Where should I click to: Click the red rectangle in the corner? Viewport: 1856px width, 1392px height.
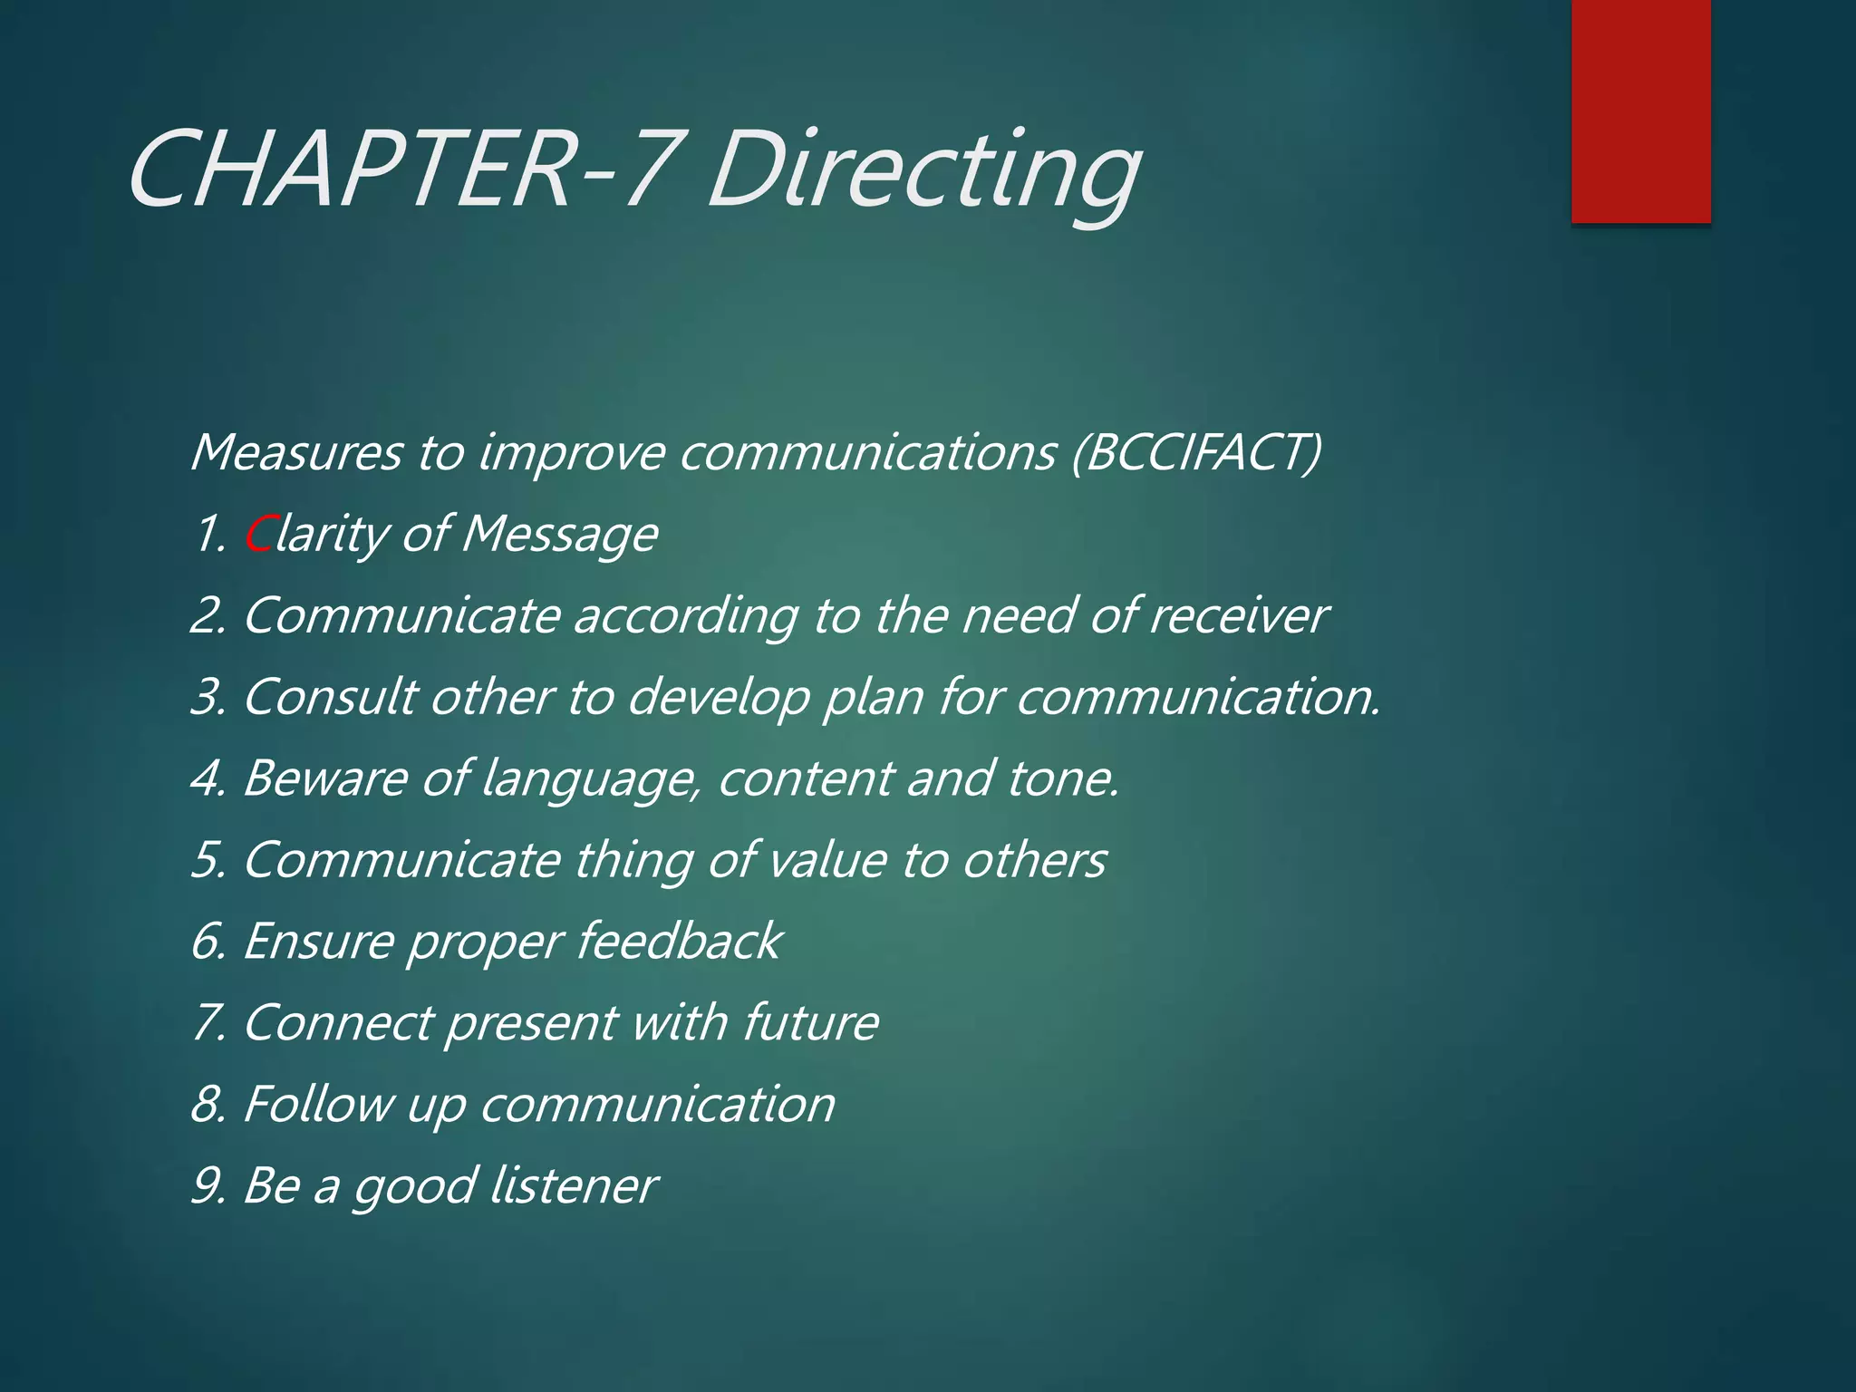point(1640,111)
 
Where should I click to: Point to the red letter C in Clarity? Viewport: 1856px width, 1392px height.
point(259,534)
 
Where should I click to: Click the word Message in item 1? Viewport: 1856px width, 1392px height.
point(559,534)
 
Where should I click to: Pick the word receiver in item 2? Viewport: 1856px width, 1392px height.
point(1238,615)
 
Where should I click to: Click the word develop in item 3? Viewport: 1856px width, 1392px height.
point(718,697)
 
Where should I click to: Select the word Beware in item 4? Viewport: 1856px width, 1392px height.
point(324,778)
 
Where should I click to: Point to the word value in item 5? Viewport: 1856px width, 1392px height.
point(826,860)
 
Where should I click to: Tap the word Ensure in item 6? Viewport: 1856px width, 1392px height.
point(318,941)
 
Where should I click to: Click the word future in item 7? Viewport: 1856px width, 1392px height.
point(810,1022)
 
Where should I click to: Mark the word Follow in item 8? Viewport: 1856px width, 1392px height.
point(318,1104)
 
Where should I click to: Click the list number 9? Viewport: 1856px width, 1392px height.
point(208,1185)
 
